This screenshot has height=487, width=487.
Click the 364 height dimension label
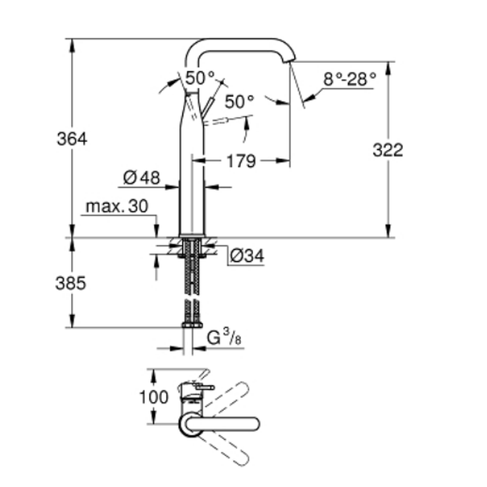tap(72, 139)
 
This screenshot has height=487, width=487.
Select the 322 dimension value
tap(388, 150)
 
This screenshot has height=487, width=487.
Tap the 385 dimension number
tap(71, 283)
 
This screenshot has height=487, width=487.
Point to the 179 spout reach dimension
tap(241, 161)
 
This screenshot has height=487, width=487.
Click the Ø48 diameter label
tap(141, 178)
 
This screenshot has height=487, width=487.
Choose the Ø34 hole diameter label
tap(247, 256)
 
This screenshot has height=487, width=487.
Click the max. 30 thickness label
tap(116, 206)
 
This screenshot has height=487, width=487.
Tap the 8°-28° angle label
tap(350, 79)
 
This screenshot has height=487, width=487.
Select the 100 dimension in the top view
tap(153, 397)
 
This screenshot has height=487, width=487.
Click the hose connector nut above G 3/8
tap(192, 325)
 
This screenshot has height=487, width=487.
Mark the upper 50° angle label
tap(200, 77)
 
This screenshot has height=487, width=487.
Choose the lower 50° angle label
tap(239, 101)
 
